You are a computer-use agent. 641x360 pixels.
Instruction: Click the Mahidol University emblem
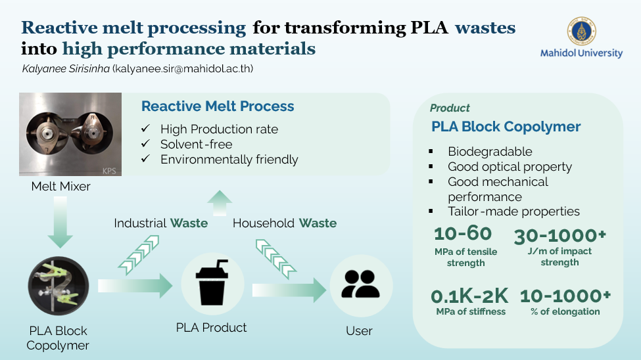[581, 31]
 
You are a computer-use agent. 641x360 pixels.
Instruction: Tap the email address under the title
[183, 68]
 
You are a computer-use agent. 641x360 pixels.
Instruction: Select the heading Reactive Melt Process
[218, 106]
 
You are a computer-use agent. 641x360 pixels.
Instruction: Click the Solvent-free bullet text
[196, 145]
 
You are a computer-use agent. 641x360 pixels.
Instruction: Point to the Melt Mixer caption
[61, 187]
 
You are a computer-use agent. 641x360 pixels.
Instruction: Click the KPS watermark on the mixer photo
[109, 171]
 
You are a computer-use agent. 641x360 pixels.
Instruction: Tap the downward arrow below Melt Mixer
[60, 222]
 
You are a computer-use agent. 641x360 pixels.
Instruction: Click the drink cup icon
[212, 282]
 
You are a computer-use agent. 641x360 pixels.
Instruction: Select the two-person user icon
[360, 284]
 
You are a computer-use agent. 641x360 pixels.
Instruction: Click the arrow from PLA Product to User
[289, 290]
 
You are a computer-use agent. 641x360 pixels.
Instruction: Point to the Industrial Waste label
[160, 223]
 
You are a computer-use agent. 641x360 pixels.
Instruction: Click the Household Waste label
[285, 223]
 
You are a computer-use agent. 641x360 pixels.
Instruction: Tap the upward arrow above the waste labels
[220, 203]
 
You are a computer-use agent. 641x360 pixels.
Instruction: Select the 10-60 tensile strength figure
[463, 234]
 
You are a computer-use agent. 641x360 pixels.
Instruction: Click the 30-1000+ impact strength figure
[559, 236]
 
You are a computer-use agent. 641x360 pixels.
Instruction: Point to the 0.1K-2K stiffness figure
[469, 296]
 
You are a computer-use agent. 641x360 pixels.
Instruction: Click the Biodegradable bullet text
[490, 152]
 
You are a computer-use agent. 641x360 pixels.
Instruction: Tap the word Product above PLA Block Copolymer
[450, 108]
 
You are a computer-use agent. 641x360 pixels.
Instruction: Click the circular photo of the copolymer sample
[59, 286]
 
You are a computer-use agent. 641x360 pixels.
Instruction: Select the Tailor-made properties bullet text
[514, 212]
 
